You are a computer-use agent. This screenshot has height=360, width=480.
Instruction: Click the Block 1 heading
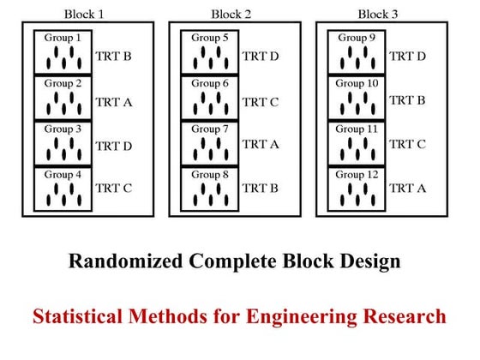[x=84, y=13]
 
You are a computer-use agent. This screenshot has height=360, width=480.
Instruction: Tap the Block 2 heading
[x=231, y=13]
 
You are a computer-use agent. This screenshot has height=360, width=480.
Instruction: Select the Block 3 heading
[x=377, y=13]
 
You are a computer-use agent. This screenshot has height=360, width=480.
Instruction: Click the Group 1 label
[x=63, y=39]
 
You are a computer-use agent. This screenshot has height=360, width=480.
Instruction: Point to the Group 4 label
[x=63, y=175]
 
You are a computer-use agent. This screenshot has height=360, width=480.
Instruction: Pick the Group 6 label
[x=210, y=84]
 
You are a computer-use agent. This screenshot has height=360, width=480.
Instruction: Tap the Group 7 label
[x=210, y=129]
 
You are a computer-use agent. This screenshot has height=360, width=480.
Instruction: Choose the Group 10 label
[x=357, y=84]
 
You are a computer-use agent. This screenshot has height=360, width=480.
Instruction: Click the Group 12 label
[x=357, y=175]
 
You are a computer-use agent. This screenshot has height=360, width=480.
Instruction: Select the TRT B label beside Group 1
[x=113, y=57]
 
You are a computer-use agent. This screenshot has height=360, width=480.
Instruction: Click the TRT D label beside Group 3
[x=113, y=146]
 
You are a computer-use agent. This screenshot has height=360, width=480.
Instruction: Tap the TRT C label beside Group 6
[x=261, y=103]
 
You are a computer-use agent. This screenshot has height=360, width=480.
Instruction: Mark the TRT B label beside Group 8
[x=261, y=187]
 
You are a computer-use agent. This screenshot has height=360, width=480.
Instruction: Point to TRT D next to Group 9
[x=407, y=57]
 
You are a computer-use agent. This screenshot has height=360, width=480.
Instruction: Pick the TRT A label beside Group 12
[x=407, y=187]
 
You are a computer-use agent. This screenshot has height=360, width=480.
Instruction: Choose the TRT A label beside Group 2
[x=113, y=101]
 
